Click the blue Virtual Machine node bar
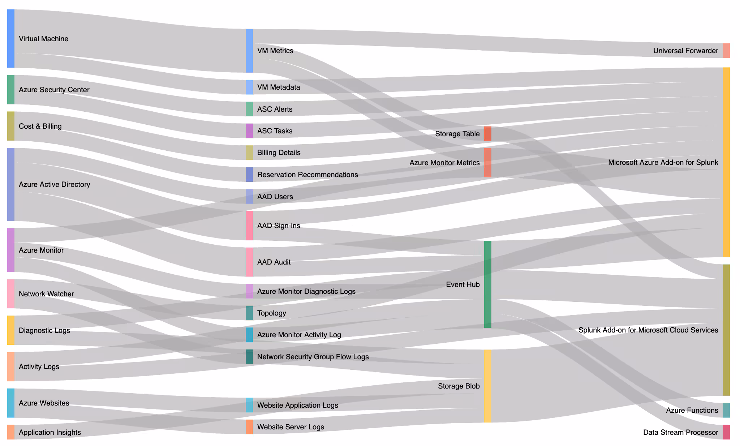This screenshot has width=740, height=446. pos(11,38)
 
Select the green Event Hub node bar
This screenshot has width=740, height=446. pos(487,284)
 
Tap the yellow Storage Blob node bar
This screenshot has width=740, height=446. pos(487,386)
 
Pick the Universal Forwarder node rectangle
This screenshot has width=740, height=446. pos(726,51)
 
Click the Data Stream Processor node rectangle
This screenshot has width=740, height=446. pos(726,432)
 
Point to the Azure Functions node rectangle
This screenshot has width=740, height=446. pos(726,410)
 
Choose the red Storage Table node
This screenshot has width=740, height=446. pos(487,134)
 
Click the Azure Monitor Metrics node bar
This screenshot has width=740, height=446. pos(487,163)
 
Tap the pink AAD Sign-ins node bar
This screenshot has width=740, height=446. pos(249,226)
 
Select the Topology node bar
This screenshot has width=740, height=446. pos(249,313)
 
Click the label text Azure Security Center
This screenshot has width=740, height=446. pos(54,90)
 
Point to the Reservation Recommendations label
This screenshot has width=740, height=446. pos(307,175)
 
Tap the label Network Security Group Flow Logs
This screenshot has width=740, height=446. pos(313,357)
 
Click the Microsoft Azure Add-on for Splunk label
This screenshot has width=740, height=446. pos(663,162)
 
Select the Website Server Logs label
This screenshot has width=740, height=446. pos(291,427)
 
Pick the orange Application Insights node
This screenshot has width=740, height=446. pos(11,432)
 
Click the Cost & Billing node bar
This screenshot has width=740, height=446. pos(11,126)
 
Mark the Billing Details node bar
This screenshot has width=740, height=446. pos(249,153)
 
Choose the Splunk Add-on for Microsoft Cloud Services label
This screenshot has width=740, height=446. pos(648,330)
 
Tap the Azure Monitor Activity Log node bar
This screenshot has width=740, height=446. pos(249,335)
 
